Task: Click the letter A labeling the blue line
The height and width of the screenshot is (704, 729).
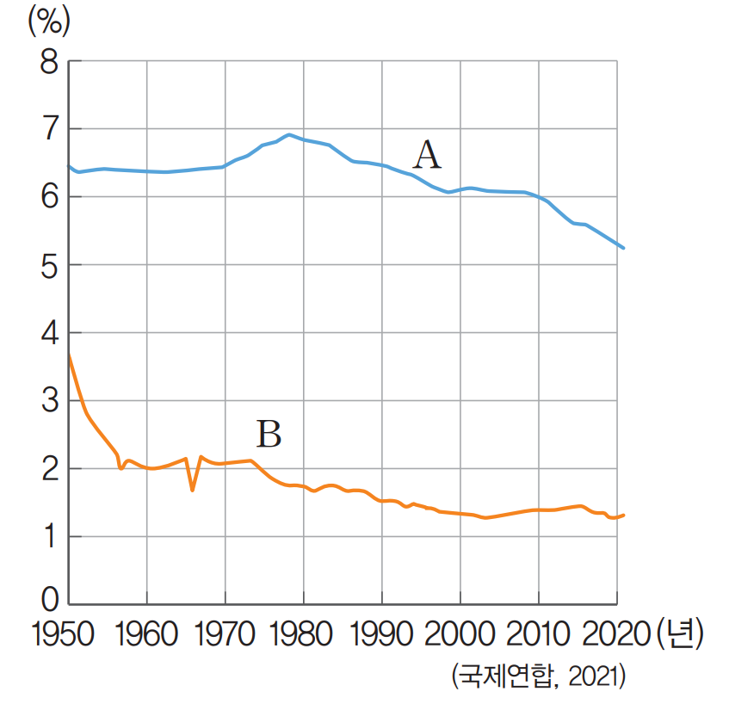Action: click(427, 156)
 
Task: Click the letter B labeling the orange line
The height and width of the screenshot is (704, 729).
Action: click(269, 434)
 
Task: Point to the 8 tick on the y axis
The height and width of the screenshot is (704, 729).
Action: click(48, 63)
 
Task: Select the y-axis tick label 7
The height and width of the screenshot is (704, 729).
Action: click(48, 130)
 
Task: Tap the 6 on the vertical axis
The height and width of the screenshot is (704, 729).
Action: click(48, 198)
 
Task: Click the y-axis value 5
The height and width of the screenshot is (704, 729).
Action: click(48, 266)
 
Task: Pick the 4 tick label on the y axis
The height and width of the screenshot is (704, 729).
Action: click(48, 334)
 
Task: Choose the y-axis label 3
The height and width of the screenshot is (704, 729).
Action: click(48, 402)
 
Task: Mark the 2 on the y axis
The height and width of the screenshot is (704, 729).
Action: click(48, 470)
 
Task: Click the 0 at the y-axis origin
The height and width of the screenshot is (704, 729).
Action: click(48, 600)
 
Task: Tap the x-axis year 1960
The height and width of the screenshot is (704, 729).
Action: click(146, 635)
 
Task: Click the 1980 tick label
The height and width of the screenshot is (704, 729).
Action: click(304, 635)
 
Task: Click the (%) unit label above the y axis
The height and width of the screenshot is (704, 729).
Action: click(49, 22)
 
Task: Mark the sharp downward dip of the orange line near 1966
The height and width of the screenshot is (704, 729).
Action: click(192, 490)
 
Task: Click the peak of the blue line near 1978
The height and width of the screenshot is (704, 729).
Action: click(289, 134)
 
